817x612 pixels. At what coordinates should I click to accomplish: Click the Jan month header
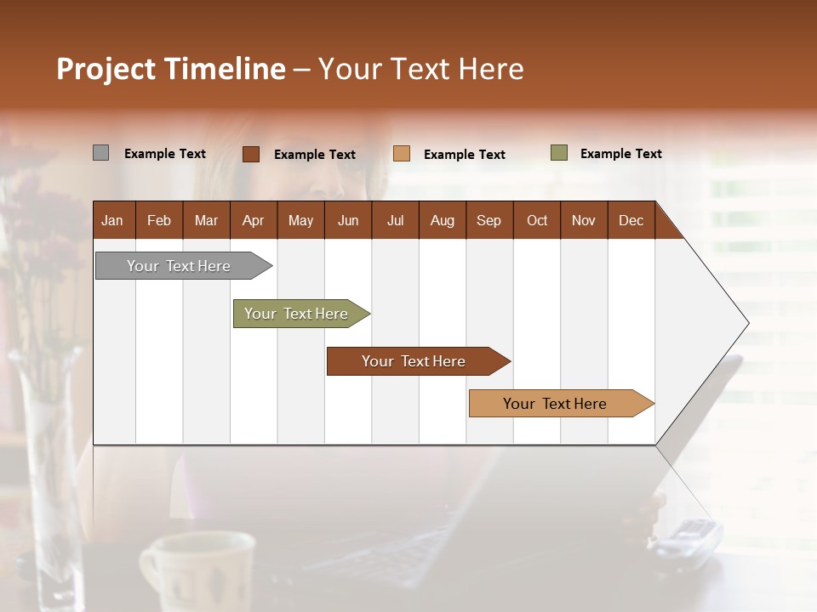pos(112,220)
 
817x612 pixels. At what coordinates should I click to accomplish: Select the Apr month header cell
pos(253,220)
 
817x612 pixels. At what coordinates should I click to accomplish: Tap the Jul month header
pos(395,220)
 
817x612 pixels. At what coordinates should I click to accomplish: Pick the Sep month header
pos(488,220)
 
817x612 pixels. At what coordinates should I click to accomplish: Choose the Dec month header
pos(631,220)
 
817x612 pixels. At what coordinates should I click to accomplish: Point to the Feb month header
pos(159,220)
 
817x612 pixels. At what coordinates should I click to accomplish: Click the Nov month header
pos(583,220)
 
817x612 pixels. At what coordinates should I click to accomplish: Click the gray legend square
pos(100,153)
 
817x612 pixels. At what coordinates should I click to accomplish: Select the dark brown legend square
pos(250,154)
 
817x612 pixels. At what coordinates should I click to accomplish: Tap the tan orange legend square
pos(402,154)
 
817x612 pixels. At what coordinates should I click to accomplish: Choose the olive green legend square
pos(558,153)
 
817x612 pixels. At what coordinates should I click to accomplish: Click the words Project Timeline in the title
pos(170,69)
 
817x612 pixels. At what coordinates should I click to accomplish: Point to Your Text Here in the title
pos(420,69)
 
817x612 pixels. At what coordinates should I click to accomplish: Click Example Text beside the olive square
pos(620,154)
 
